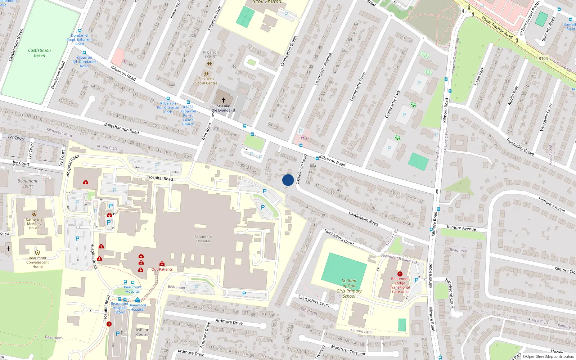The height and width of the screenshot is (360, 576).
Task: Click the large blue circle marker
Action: click(x=288, y=180)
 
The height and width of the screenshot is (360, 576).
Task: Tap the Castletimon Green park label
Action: click(x=39, y=53)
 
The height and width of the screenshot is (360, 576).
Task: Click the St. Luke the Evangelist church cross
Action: click(x=223, y=100)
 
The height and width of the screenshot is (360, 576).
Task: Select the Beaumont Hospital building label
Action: click(x=203, y=239)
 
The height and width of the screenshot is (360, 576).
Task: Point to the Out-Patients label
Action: click(x=162, y=269)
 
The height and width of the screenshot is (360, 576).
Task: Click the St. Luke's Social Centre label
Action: click(x=206, y=81)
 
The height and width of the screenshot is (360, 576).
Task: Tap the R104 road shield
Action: click(x=543, y=58)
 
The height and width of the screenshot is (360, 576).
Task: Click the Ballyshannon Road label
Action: click(x=121, y=129)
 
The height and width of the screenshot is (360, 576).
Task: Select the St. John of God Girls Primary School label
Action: click(x=349, y=288)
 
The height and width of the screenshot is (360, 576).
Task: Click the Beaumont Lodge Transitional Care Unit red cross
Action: click(x=400, y=274)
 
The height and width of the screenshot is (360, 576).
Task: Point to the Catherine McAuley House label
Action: click(x=34, y=224)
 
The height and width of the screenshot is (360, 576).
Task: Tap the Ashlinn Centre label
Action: click(x=142, y=332)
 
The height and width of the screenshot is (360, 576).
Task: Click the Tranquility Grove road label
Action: click(x=520, y=147)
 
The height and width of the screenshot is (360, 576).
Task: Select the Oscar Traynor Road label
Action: click(x=497, y=27)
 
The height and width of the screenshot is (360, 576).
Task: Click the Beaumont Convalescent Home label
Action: click(x=37, y=262)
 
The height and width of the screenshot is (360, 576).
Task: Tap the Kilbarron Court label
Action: click(x=211, y=54)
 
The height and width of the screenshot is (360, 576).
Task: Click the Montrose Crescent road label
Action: click(x=348, y=350)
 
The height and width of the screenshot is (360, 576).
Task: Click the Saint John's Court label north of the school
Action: click(x=339, y=237)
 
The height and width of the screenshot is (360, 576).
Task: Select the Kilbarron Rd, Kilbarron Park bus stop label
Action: click(x=168, y=107)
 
